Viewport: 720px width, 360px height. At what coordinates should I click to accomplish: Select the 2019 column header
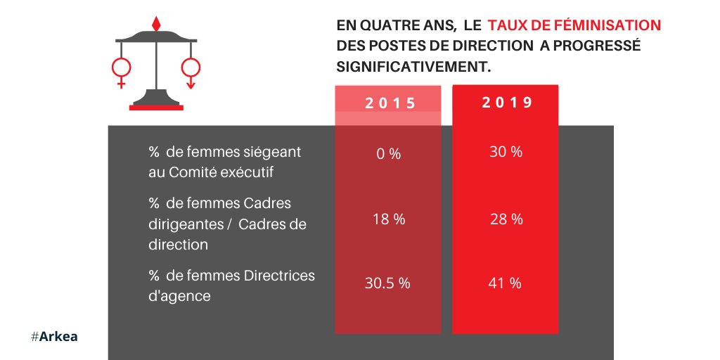(506, 102)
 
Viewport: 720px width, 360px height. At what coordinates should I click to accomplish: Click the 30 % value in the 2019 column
(506, 152)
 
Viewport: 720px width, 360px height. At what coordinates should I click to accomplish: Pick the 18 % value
(388, 219)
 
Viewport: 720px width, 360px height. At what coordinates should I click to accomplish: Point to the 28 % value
(506, 219)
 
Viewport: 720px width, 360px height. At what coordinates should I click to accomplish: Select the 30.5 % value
(387, 283)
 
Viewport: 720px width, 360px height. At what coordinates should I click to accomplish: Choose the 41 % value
(505, 283)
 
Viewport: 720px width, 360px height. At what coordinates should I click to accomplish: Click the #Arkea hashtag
(54, 337)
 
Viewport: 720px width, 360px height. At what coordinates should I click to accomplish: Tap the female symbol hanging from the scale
(121, 70)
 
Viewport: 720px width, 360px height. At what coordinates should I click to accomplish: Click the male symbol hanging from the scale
(191, 70)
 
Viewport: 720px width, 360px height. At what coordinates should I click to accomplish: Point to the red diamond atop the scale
(156, 23)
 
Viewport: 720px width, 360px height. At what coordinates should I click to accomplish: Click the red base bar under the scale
(156, 108)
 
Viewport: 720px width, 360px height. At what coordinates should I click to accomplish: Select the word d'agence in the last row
(179, 296)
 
